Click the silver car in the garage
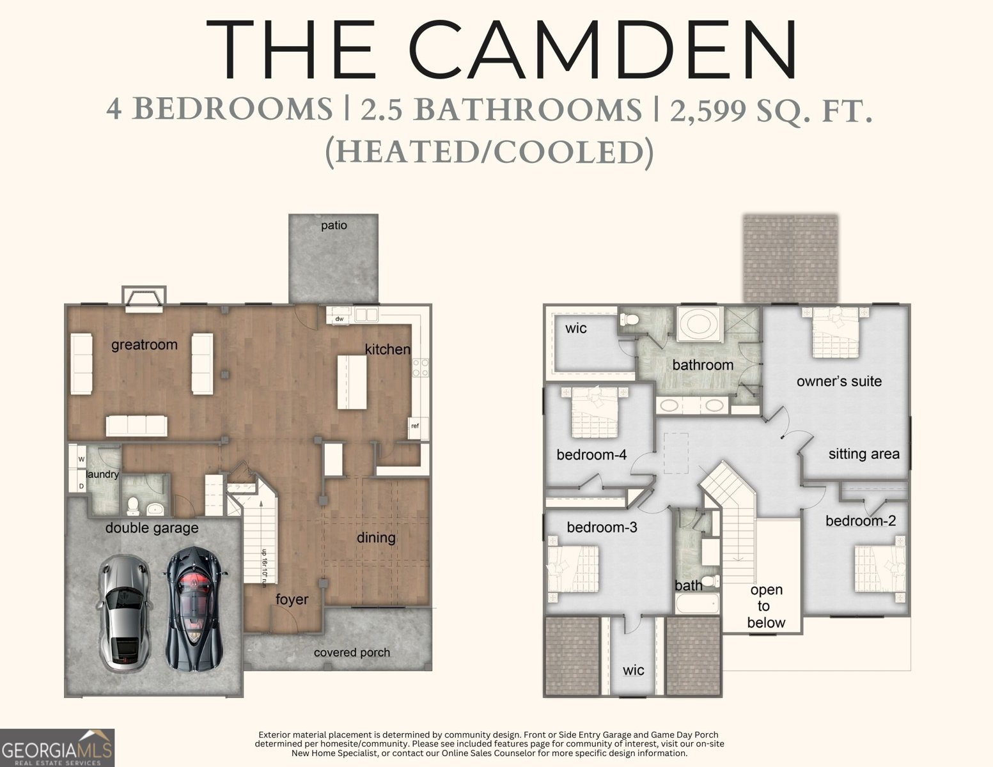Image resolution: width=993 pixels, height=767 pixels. (x=125, y=613)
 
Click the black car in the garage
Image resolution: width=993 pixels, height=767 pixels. (x=194, y=608)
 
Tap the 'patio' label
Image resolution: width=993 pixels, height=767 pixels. (x=334, y=226)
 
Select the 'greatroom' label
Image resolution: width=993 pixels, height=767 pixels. (x=145, y=345)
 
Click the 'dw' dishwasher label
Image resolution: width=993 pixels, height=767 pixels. (x=340, y=318)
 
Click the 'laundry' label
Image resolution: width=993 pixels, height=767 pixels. (x=102, y=475)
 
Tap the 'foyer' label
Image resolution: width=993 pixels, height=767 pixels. (x=292, y=600)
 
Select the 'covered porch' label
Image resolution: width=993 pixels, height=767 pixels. (x=352, y=653)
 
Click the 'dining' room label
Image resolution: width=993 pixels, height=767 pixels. (x=376, y=538)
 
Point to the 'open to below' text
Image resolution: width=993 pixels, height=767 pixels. (x=766, y=606)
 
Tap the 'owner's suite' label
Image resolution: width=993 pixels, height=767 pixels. (x=839, y=382)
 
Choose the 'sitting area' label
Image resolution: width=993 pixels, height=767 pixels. (x=864, y=454)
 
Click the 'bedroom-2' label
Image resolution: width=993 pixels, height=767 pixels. (x=861, y=521)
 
